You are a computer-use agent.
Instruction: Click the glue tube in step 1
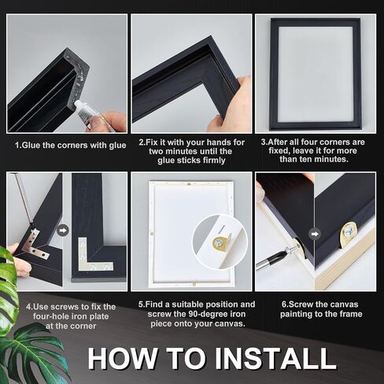[87, 112]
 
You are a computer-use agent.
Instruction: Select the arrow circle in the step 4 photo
[63, 231]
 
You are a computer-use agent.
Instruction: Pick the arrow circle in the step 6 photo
[314, 234]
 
